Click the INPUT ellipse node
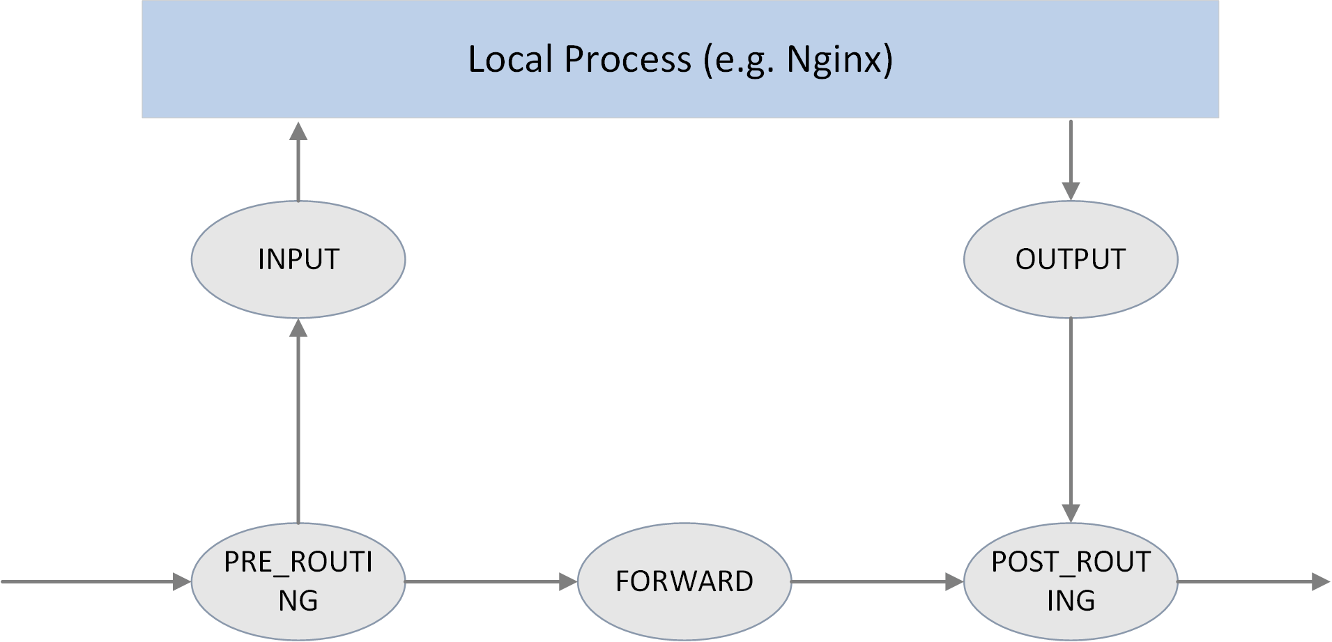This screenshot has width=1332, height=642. [x=298, y=259]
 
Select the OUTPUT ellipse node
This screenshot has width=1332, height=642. [x=1071, y=259]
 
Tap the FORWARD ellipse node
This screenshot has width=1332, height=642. [x=684, y=581]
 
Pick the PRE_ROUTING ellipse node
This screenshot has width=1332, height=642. [x=298, y=581]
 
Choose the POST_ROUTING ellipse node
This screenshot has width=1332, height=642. [x=1071, y=581]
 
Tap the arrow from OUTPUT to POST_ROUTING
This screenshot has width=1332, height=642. [x=1071, y=418]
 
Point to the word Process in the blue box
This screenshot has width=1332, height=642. [x=627, y=60]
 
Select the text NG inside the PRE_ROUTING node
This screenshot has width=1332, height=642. [x=298, y=600]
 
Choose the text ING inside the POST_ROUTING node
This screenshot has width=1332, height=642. [x=1071, y=600]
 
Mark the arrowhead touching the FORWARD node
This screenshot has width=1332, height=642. [x=569, y=581]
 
